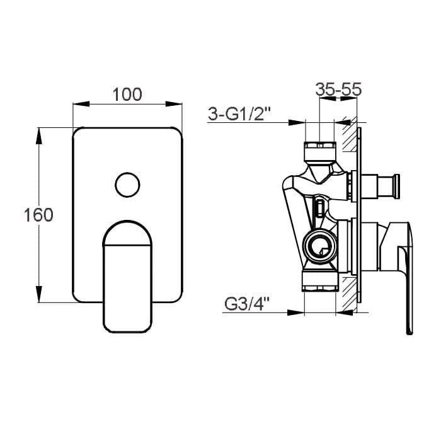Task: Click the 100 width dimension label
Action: pyautogui.click(x=127, y=94)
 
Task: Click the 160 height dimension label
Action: pyautogui.click(x=38, y=215)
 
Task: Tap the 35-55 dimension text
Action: pyautogui.click(x=338, y=89)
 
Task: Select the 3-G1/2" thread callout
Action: pyautogui.click(x=239, y=114)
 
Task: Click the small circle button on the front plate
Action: pyautogui.click(x=127, y=185)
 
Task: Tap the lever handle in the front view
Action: pyautogui.click(x=127, y=277)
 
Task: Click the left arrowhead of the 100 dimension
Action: pyautogui.click(x=81, y=104)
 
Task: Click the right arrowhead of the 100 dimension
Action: pyautogui.click(x=174, y=104)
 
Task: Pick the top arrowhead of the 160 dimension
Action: pyautogui.click(x=39, y=136)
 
